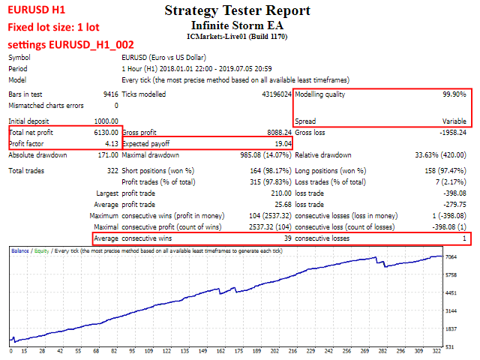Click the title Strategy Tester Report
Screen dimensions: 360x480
(237, 11)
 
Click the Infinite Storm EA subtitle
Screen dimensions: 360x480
(237, 24)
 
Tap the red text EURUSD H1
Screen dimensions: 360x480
(34, 10)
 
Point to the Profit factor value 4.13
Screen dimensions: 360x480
(111, 143)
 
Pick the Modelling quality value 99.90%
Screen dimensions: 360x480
(451, 95)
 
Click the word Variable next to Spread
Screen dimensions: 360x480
(453, 121)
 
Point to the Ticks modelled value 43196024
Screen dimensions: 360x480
(271, 95)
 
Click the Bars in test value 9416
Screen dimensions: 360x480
(108, 95)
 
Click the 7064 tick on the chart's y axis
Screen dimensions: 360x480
(451, 257)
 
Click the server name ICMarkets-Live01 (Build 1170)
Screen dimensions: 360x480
(237, 35)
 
